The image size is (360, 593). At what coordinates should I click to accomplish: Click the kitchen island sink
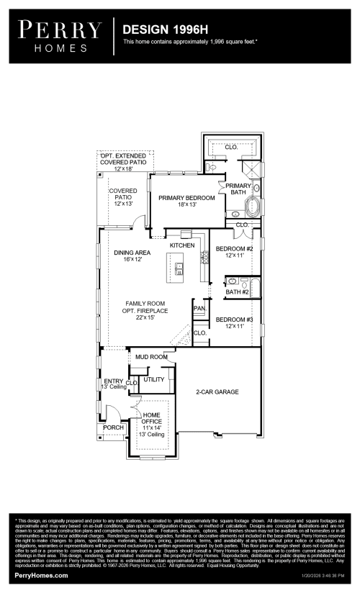tap(179, 270)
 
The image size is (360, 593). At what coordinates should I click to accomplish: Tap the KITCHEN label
tap(182, 245)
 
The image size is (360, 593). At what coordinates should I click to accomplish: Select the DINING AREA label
tap(132, 253)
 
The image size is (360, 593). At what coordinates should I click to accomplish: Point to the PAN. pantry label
tap(199, 309)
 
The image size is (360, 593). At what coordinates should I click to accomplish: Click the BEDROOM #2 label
tap(234, 249)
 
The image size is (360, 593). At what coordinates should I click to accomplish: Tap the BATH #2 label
tap(236, 292)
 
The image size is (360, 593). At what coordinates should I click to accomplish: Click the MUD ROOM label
tap(153, 356)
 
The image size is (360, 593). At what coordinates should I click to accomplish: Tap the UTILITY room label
tap(153, 379)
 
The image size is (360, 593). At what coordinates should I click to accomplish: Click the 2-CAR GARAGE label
tap(217, 392)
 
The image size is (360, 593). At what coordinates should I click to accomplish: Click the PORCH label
tap(113, 427)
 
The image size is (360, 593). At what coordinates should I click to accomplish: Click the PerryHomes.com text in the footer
tap(41, 576)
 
